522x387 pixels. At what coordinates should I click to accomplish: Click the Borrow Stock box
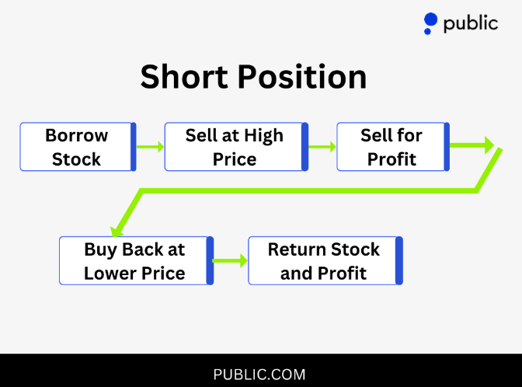[77, 147]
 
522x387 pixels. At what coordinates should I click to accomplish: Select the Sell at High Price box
[235, 147]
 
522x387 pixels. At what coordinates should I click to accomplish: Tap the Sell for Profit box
[391, 147]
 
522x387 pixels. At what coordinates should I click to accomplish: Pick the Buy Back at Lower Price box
[134, 261]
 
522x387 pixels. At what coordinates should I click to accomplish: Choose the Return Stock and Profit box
[324, 261]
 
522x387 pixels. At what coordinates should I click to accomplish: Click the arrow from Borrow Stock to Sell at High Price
[150, 146]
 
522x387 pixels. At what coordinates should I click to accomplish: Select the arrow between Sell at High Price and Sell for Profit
[322, 146]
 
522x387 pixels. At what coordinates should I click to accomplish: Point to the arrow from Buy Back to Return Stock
[230, 261]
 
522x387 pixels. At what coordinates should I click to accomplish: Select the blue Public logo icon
[430, 23]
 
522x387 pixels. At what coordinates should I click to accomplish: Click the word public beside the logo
[471, 23]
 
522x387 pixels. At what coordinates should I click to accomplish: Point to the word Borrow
[76, 135]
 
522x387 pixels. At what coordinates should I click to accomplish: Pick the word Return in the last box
[294, 249]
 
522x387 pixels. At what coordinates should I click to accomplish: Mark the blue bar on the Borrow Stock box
[133, 147]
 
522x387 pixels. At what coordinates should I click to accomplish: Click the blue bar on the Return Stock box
[399, 261]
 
